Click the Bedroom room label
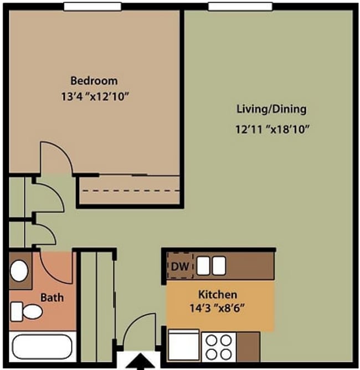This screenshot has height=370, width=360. pyautogui.click(x=94, y=81)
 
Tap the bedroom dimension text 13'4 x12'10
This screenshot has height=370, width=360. pyautogui.click(x=95, y=97)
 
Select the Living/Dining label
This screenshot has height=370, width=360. pyautogui.click(x=271, y=109)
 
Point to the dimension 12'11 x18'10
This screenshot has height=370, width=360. pyautogui.click(x=271, y=130)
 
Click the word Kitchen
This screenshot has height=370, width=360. pyautogui.click(x=218, y=294)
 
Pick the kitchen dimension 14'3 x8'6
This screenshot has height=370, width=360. pyautogui.click(x=217, y=306)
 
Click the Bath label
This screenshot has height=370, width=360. pyautogui.click(x=52, y=297)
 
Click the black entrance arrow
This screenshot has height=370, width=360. pyautogui.click(x=141, y=363)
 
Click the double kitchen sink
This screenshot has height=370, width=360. pyautogui.click(x=212, y=266)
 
